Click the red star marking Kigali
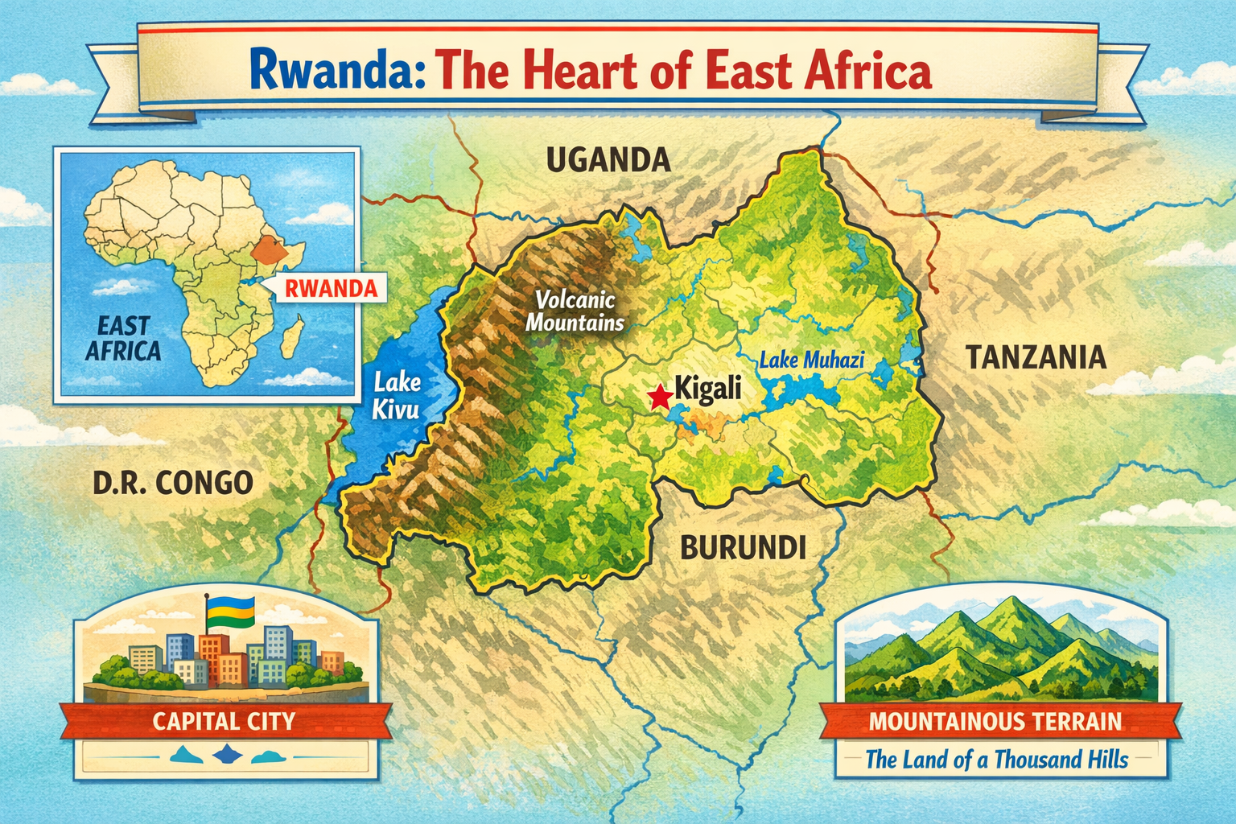point(660,396)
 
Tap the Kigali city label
point(707,389)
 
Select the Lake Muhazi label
point(811,360)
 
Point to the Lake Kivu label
point(396,395)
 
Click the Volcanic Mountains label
point(575,311)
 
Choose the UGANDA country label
point(608,161)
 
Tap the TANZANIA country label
point(1036,357)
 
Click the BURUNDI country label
point(743,548)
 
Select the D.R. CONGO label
point(173,483)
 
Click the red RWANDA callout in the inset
point(331,288)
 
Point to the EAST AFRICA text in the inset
point(123,339)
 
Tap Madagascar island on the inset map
point(291,336)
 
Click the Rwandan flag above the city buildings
point(231,614)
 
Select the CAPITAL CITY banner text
point(224,721)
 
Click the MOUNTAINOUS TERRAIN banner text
point(995,721)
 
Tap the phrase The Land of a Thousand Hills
point(996,759)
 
